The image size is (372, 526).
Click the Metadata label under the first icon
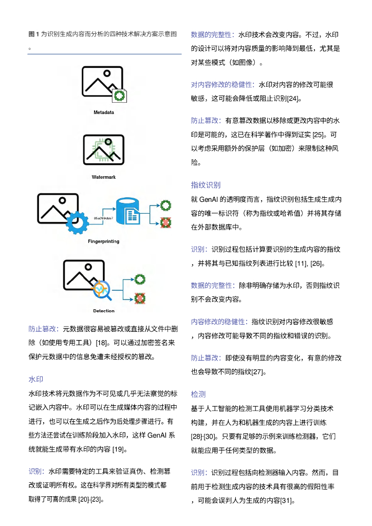point(104,112)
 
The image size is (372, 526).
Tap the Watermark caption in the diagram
point(104,177)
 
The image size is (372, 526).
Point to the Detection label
point(104,311)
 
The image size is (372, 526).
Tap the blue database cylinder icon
point(128,211)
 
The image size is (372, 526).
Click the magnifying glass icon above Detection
point(101,291)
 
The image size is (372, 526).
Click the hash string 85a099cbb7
point(103,218)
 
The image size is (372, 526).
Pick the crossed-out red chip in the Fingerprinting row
point(165,222)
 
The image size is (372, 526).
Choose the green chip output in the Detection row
point(139,279)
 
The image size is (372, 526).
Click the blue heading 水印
point(35,380)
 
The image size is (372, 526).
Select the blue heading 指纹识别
point(206,185)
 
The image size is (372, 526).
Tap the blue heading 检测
point(198,394)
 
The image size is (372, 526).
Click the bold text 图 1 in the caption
point(34,34)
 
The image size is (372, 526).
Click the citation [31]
point(286,501)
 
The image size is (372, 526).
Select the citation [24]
point(293,98)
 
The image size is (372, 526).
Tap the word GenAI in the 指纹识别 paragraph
point(209,199)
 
